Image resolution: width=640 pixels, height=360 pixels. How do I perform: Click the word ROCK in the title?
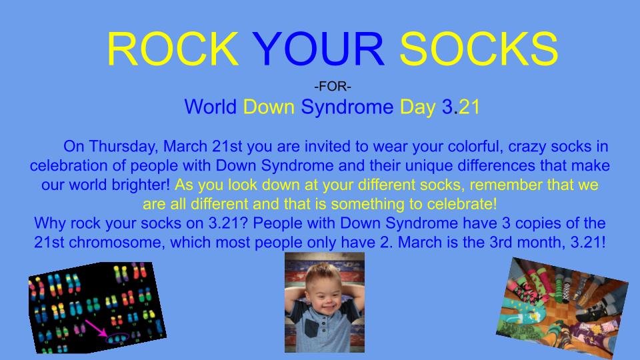pyautogui.click(x=173, y=49)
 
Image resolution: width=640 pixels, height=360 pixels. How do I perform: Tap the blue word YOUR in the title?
pyautogui.click(x=319, y=49)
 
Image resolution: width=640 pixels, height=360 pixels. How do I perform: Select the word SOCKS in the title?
pyautogui.click(x=479, y=49)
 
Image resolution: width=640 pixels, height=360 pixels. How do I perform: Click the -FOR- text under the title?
pyautogui.click(x=333, y=87)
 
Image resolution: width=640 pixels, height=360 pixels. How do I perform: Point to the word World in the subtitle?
pyautogui.click(x=210, y=107)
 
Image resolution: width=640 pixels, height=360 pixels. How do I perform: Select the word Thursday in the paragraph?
pyautogui.click(x=123, y=147)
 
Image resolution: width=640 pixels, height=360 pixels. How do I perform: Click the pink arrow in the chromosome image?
pyautogui.click(x=96, y=328)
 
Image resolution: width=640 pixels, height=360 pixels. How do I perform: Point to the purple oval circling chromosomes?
pyautogui.click(x=117, y=339)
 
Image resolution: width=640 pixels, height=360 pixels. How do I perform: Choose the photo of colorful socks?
pyautogui.click(x=563, y=308)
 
